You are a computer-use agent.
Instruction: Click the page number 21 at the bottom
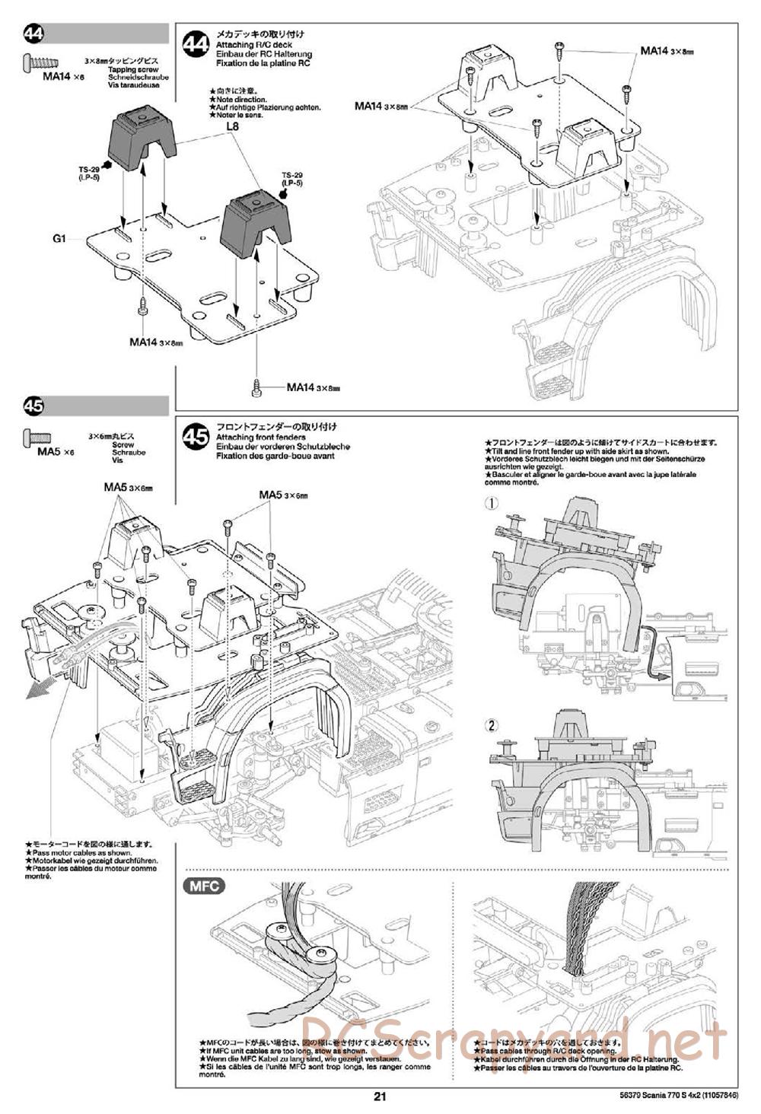(x=380, y=1096)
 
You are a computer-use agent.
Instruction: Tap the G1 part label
(x=60, y=238)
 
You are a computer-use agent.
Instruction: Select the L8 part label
(x=233, y=128)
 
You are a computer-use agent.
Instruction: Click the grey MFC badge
(x=204, y=885)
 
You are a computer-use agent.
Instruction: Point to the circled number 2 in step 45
(x=492, y=725)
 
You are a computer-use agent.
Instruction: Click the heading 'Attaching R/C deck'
(x=244, y=45)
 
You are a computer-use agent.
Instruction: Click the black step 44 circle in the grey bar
(x=34, y=33)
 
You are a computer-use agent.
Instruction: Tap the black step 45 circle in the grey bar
(x=34, y=406)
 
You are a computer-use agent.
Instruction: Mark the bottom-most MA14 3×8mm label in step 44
(x=312, y=387)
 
